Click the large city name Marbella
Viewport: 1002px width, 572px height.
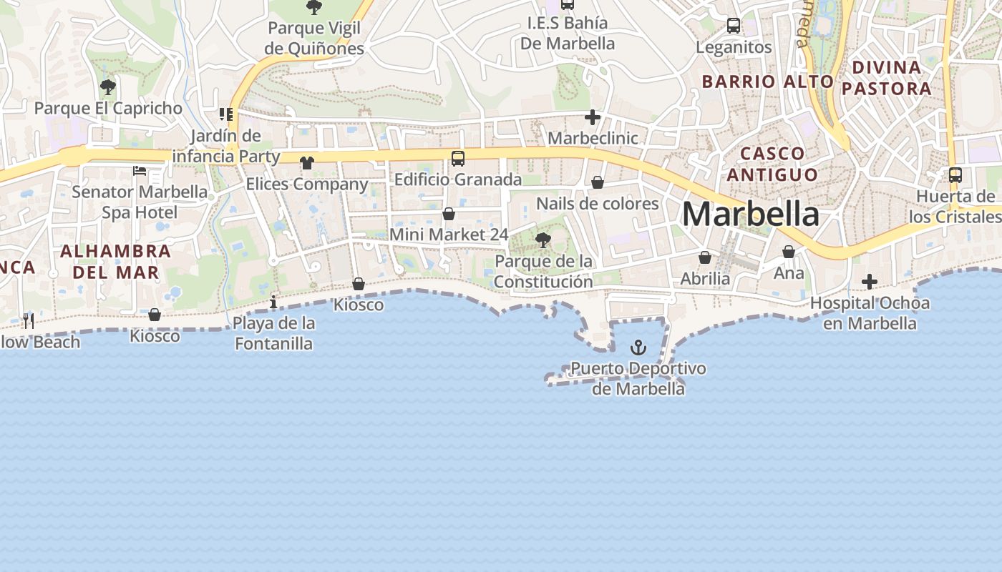[x=750, y=214]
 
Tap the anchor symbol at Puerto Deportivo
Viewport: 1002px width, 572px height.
[x=638, y=348]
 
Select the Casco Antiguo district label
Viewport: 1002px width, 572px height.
[x=778, y=164]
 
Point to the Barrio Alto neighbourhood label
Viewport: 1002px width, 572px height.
[x=767, y=82]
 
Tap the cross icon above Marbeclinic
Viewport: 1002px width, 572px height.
[x=593, y=117]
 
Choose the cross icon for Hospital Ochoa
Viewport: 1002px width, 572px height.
[x=870, y=282]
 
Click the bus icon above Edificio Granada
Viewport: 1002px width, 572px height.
[x=458, y=159]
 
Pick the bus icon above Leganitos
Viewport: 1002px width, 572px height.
[x=734, y=26]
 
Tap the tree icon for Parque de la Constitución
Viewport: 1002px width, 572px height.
[x=543, y=240]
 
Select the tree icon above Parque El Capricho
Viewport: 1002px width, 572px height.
[x=108, y=88]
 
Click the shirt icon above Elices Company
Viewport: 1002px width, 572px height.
[x=307, y=163]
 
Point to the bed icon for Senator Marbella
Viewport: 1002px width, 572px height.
[x=140, y=171]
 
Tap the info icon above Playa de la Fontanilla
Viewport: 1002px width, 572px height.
[x=273, y=302]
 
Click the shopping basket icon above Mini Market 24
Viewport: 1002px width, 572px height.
[x=449, y=214]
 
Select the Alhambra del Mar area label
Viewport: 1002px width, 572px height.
[x=115, y=262]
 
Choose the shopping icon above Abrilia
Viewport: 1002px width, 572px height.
[x=705, y=257]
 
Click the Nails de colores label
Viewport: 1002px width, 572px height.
[x=598, y=204]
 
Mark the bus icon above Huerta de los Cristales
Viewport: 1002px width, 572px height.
[x=955, y=174]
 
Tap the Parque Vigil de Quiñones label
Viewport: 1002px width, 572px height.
[x=314, y=39]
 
